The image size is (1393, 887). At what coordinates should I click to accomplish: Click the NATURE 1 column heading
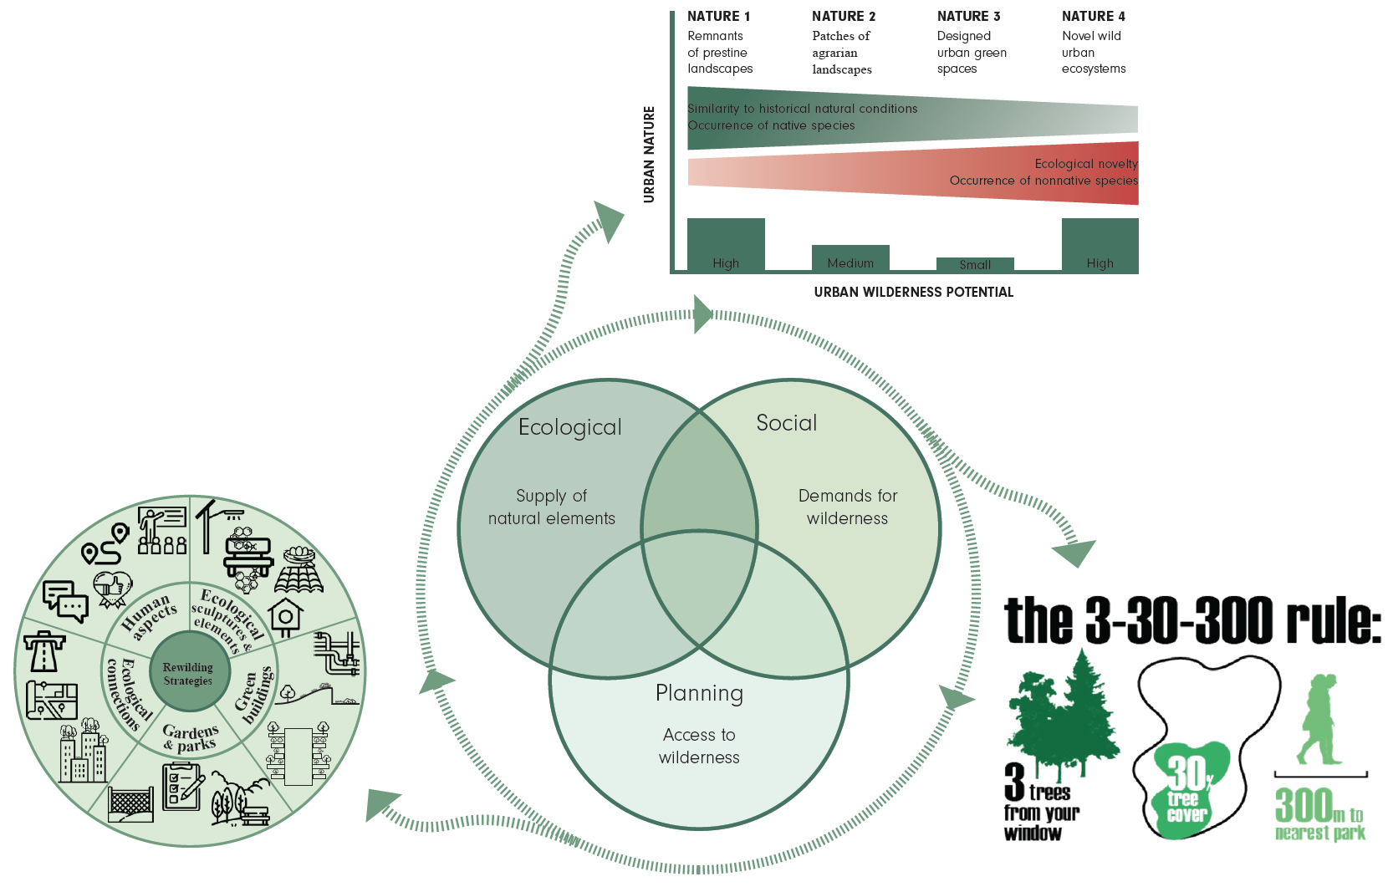tap(718, 16)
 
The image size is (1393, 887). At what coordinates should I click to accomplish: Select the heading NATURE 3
tap(968, 16)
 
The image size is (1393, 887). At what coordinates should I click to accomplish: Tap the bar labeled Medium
tap(850, 258)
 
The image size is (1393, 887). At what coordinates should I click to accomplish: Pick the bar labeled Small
tap(975, 264)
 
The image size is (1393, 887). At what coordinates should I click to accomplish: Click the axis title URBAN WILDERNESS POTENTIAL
tap(913, 292)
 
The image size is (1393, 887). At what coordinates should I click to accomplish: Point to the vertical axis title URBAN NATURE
tap(649, 155)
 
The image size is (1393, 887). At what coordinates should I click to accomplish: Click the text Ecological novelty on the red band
tap(1085, 164)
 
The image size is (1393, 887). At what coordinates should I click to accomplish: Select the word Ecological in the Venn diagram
tap(569, 427)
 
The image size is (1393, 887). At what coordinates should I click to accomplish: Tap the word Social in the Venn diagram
tap(786, 423)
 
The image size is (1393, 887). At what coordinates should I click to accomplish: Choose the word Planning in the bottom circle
tap(699, 693)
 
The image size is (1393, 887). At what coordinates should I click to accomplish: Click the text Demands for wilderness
tap(847, 507)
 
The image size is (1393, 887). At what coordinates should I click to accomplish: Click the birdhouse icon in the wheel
tap(286, 617)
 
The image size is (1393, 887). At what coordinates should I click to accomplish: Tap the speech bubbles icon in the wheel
tap(65, 601)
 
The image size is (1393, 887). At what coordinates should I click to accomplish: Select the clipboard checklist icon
tap(182, 785)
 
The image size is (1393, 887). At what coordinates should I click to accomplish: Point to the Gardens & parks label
tap(191, 738)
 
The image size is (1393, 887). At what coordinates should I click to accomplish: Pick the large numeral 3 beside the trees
tap(1014, 781)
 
